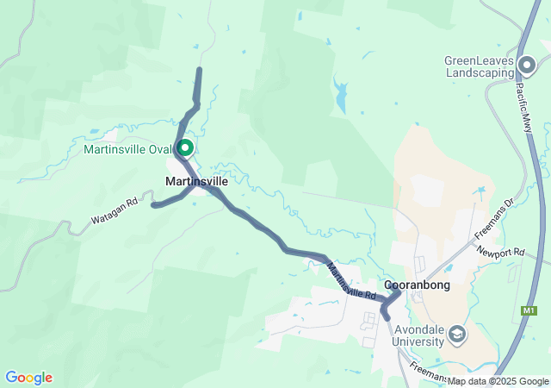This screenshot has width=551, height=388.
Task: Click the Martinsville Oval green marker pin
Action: pyautogui.click(x=184, y=149)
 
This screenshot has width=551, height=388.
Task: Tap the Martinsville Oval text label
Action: pyautogui.click(x=128, y=149)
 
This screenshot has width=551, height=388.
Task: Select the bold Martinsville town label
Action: pyautogui.click(x=196, y=182)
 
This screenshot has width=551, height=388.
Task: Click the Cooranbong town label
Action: pyautogui.click(x=417, y=285)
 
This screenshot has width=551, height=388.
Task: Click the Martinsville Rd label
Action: pyautogui.click(x=351, y=282)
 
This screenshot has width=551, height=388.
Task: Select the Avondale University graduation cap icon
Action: pyautogui.click(x=457, y=334)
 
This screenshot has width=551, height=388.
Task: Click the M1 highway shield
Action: pyautogui.click(x=529, y=310)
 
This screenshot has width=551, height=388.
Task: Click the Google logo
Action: pyautogui.click(x=28, y=378)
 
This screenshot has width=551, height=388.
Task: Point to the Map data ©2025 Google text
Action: pyautogui.click(x=498, y=381)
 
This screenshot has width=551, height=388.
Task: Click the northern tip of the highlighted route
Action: pyautogui.click(x=200, y=70)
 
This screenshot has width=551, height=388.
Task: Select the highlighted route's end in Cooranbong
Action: pyautogui.click(x=387, y=318)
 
